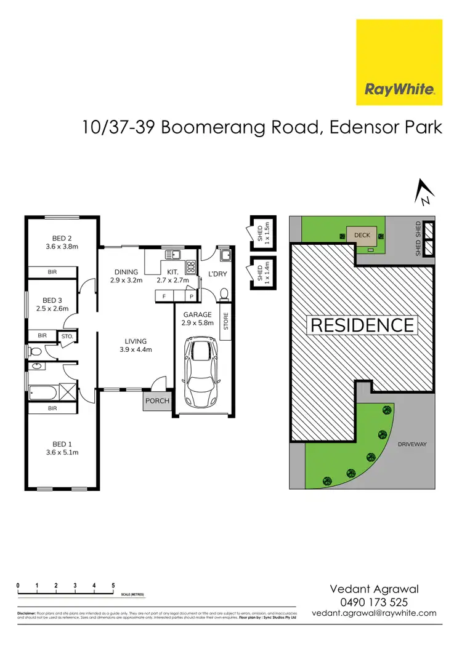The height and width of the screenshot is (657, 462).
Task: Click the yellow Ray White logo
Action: coord(399,62)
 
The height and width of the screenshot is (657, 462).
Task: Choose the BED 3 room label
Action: coord(51,304)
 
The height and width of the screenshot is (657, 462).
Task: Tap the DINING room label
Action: coord(126,276)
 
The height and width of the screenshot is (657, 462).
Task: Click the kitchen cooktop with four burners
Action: coord(191,267)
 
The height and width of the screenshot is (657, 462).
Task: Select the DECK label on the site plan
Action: coord(362,234)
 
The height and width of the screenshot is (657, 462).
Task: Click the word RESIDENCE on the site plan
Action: coord(362,325)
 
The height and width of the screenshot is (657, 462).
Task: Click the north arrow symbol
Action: coord(424,191)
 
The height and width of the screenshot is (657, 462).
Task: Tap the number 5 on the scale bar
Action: coord(113,585)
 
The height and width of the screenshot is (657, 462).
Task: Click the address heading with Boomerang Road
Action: coord(262,128)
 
